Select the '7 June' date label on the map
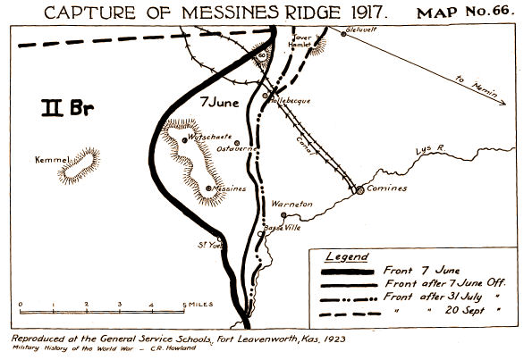click(220, 100)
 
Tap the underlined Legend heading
click(345, 255)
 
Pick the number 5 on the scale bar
click(184, 306)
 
